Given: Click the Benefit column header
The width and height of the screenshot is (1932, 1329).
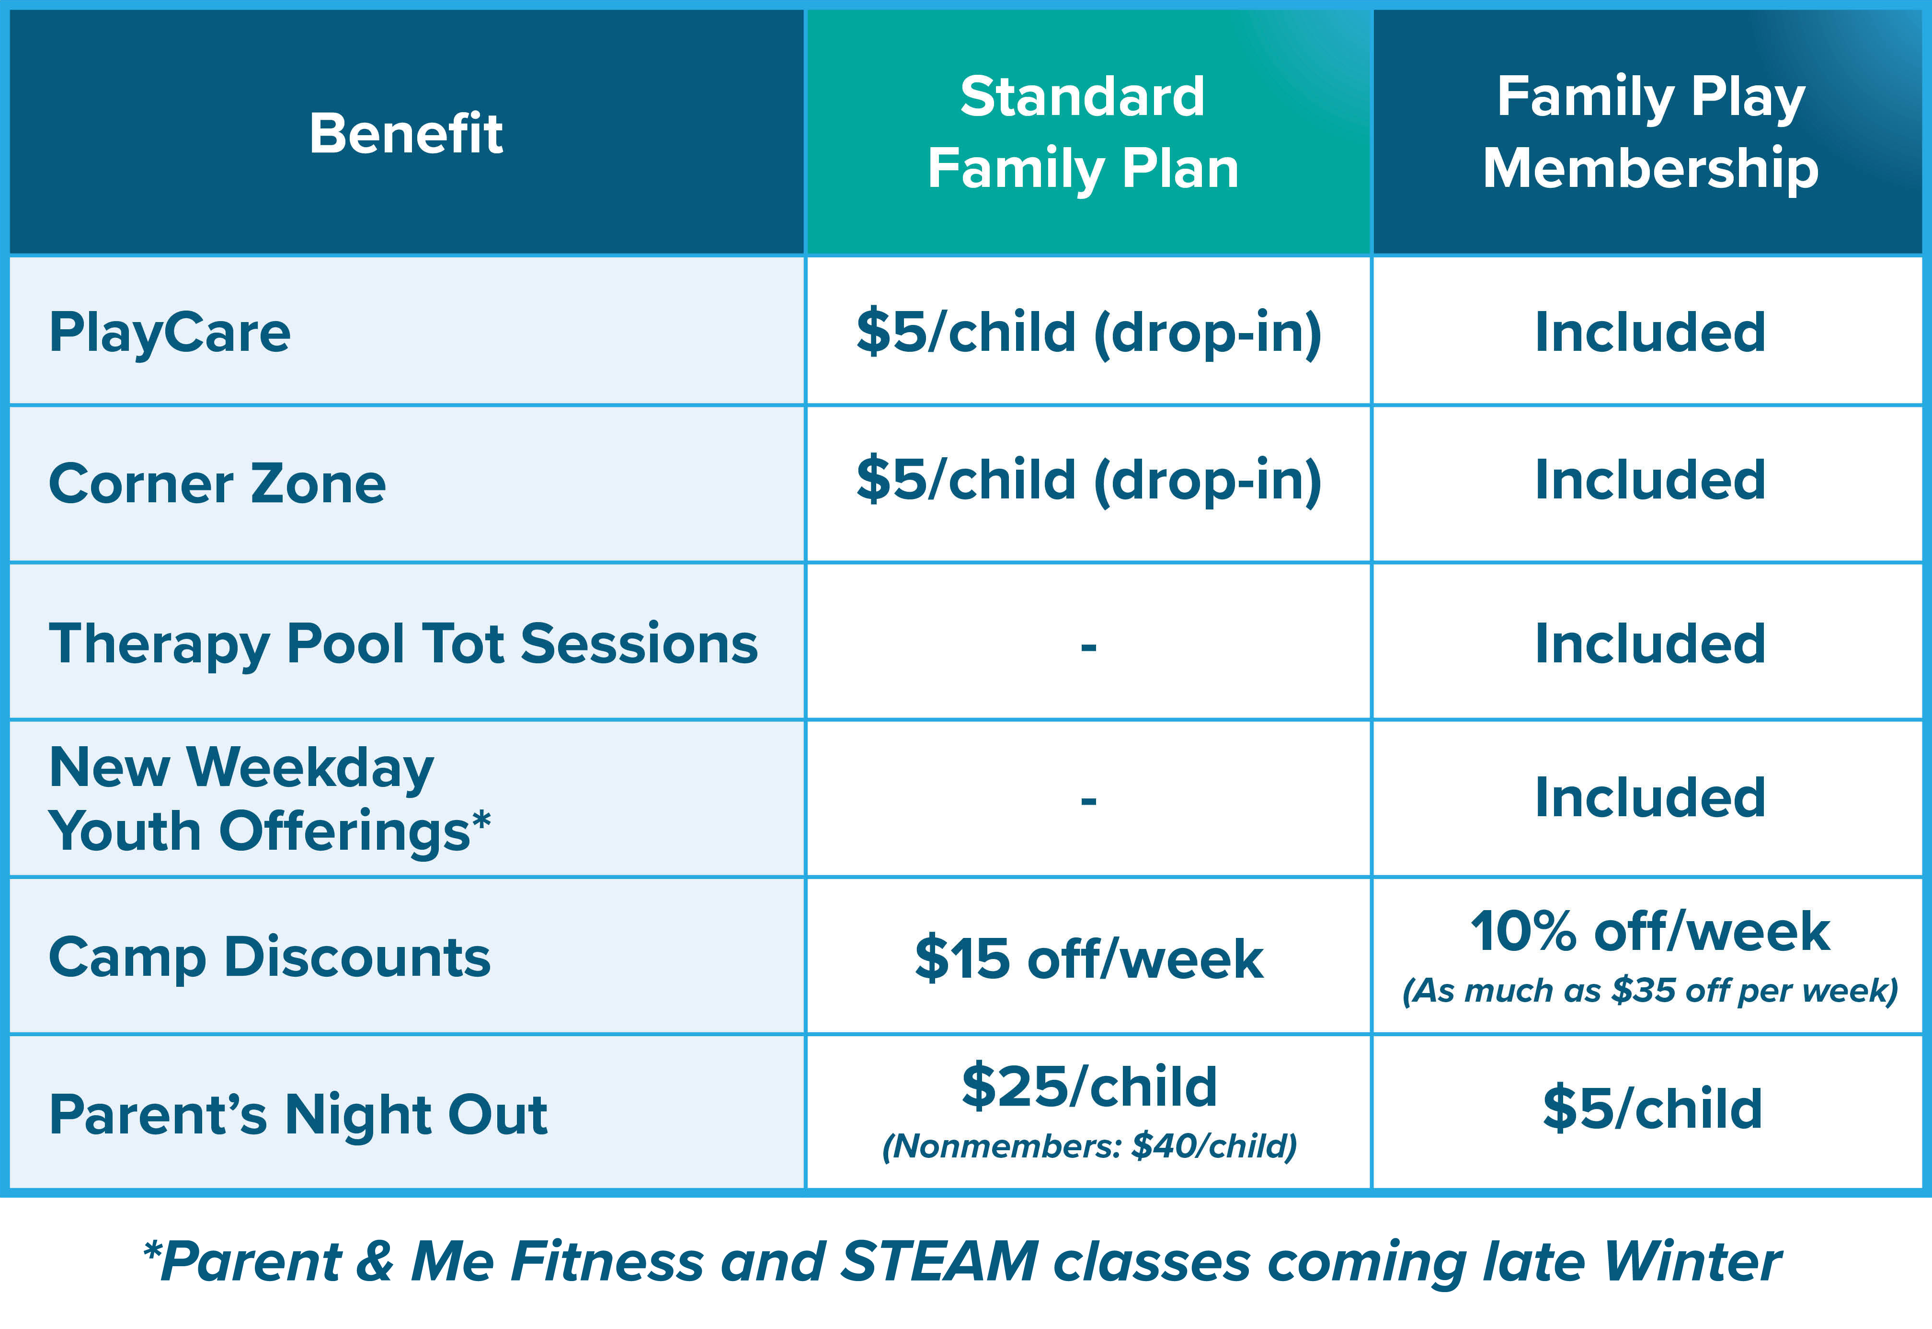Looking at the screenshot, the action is coord(406,133).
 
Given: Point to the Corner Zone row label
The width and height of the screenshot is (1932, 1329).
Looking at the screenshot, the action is coord(217,484).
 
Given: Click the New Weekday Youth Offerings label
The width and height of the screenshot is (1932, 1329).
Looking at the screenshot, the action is coord(270,799).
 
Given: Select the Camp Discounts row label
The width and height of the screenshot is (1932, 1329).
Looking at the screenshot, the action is coord(270,958).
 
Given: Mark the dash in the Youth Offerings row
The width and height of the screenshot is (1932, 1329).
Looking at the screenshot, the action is coord(1089,801).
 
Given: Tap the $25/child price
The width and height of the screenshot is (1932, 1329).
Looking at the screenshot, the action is coord(1089,1086).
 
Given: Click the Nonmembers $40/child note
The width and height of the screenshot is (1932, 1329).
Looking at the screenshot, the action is coord(1089,1146).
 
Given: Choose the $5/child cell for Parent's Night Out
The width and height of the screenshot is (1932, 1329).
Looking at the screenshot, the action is coord(1652,1109).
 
